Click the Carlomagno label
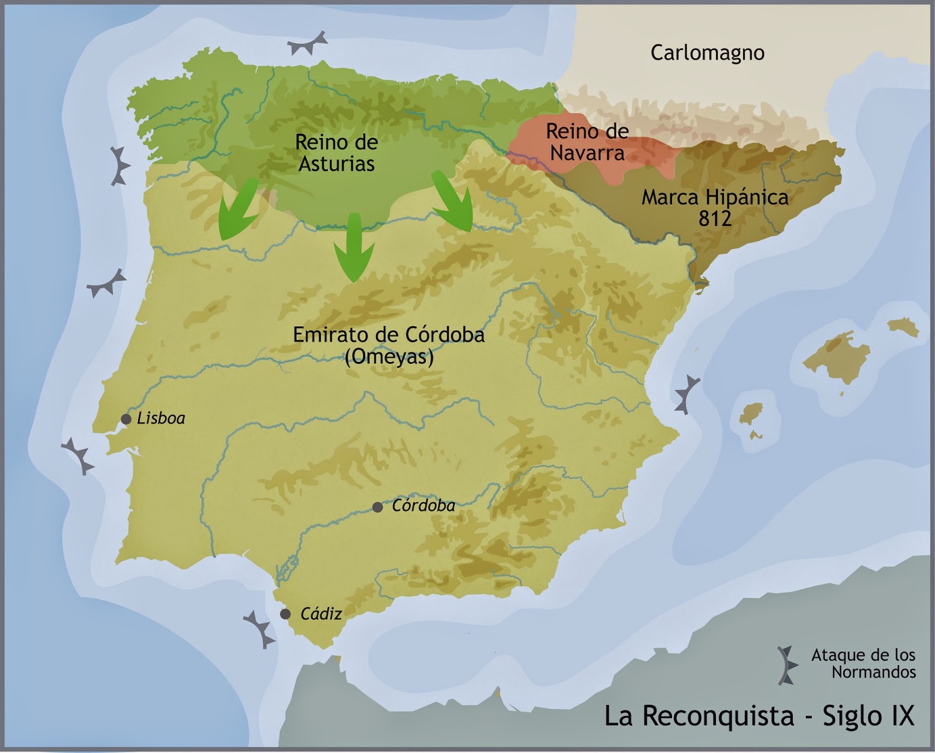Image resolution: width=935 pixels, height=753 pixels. (x=707, y=53)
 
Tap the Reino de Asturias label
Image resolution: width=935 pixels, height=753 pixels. (x=336, y=153)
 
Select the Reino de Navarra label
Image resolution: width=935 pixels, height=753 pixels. (x=587, y=142)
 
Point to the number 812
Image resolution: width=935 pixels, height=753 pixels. (x=715, y=218)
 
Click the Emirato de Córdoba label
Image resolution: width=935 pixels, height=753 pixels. (x=389, y=335)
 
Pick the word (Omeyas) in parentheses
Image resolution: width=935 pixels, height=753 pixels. (x=389, y=357)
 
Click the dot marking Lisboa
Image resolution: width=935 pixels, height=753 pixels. (x=126, y=419)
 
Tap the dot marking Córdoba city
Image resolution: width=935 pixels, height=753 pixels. (x=378, y=507)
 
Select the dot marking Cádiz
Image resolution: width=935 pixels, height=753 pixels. (x=285, y=614)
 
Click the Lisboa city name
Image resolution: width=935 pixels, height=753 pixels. (x=161, y=419)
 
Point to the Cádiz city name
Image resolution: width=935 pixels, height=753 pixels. (x=321, y=614)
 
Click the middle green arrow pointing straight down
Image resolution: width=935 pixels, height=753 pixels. (x=354, y=248)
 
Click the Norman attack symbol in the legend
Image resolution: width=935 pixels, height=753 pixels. (x=787, y=665)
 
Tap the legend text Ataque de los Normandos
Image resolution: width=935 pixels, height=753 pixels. (x=863, y=664)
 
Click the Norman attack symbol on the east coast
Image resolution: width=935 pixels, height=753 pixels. (x=687, y=395)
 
